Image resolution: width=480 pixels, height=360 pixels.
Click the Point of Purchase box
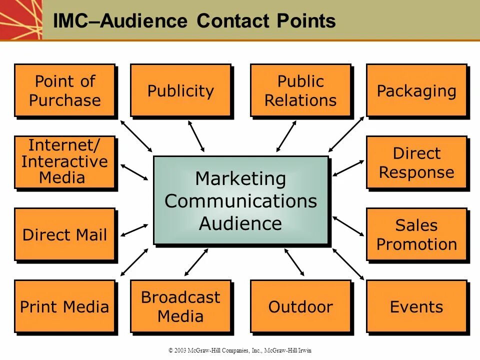pyautogui.click(x=65, y=90)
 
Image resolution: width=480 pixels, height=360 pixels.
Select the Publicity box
pyautogui.click(x=180, y=90)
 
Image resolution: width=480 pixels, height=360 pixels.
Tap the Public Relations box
pyautogui.click(x=300, y=90)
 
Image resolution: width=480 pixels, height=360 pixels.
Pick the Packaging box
pyautogui.click(x=416, y=90)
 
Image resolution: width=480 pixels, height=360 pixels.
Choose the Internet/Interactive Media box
pyautogui.click(x=65, y=162)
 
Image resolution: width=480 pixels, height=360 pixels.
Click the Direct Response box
pyautogui.click(x=416, y=162)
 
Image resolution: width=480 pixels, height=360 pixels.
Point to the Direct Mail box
pyautogui.click(x=65, y=234)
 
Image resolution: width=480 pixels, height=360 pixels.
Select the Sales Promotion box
pyautogui.click(x=416, y=234)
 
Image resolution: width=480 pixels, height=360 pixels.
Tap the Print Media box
pyautogui.click(x=65, y=306)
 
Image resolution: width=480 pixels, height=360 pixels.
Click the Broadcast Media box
pyautogui.click(x=180, y=306)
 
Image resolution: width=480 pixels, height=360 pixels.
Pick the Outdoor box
pyautogui.click(x=300, y=306)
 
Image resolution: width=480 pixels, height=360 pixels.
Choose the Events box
pyautogui.click(x=416, y=306)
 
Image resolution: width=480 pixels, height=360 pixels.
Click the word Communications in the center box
pyautogui.click(x=241, y=201)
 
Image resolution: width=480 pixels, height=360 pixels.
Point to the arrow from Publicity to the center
pyautogui.click(x=196, y=136)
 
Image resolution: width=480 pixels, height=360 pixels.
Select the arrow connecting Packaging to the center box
pyautogui.click(x=346, y=134)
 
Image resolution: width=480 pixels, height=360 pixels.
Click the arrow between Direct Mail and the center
pyautogui.click(x=134, y=230)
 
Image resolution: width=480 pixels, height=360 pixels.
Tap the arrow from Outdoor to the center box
pyautogui.click(x=294, y=262)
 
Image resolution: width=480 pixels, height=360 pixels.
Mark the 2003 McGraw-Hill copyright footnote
pyautogui.click(x=239, y=350)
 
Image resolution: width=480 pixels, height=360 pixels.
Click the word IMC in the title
pyautogui.click(x=70, y=21)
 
